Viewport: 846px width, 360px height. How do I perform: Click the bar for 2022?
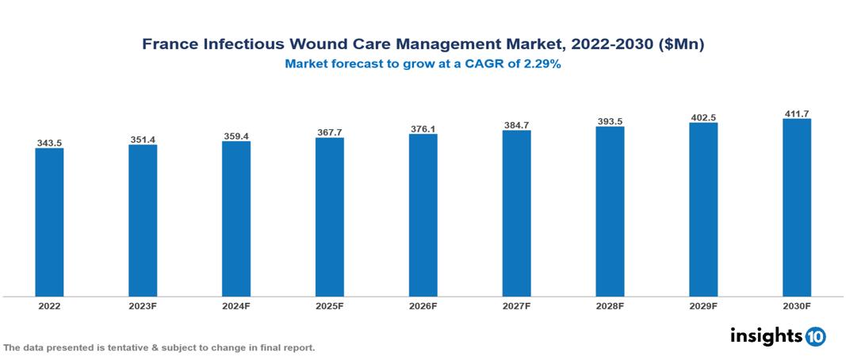49,222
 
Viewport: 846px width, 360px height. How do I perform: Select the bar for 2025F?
329,216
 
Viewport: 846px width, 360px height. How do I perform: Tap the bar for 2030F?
796,208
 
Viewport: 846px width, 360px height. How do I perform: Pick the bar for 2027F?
516,213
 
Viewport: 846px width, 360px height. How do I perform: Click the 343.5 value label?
49,143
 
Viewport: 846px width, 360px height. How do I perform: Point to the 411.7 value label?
796,114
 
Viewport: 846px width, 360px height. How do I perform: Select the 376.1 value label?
423,128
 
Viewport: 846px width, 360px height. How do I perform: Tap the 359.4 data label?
236,136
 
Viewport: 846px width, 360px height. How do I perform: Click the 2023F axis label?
143,306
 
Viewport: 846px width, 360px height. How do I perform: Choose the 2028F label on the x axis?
610,306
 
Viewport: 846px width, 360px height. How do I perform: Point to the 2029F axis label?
703,306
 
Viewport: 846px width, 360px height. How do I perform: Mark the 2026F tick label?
423,306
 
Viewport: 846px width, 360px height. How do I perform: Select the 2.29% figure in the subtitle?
542,65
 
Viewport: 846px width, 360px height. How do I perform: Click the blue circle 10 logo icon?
815,337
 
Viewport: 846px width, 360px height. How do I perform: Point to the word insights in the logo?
764,336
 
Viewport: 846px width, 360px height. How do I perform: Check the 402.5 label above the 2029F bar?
703,117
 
